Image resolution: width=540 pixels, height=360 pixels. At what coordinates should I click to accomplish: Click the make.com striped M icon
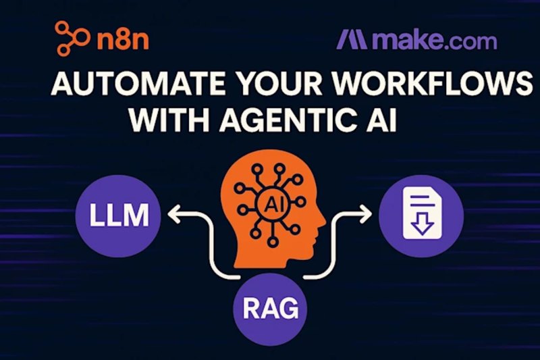tap(352, 39)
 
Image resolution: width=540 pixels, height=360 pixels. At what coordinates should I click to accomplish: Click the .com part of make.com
tap(472, 40)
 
